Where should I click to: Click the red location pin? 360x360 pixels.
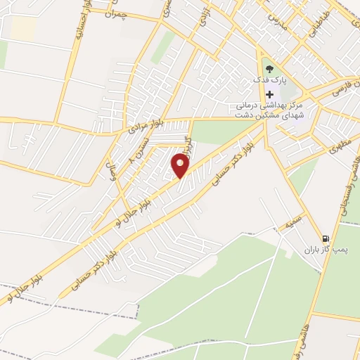pos(181,166)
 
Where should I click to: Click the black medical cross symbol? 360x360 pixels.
pos(269,94)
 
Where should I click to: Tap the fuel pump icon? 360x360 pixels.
pos(326,238)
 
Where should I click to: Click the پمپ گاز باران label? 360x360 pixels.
pos(326,250)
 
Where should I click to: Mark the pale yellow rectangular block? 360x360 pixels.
pos(23,27)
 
